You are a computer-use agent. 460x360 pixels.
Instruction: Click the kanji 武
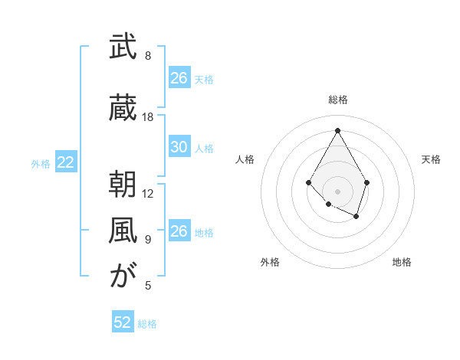122,47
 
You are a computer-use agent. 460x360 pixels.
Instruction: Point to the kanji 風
122,231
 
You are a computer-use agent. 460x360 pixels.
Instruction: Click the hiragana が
122,277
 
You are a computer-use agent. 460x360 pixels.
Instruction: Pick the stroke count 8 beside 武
148,56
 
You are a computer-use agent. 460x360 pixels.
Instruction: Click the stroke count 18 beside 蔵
148,117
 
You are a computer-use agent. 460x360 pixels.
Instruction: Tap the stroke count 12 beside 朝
148,194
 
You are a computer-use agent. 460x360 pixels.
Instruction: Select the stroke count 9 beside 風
148,240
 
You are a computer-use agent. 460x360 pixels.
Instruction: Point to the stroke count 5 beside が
148,286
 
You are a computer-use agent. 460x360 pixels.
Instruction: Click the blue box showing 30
179,147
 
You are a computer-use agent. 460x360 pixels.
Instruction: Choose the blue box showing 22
66,162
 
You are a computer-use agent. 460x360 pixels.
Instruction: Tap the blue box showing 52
123,322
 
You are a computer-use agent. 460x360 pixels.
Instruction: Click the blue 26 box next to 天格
179,78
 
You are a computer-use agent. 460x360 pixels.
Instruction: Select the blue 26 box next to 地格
179,231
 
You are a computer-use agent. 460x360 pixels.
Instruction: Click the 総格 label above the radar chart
337,100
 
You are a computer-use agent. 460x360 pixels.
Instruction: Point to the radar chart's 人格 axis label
245,159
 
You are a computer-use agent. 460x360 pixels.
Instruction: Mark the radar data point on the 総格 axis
337,129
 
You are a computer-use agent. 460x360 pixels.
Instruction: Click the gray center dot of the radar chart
337,191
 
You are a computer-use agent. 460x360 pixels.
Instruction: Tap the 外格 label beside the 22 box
41,163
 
